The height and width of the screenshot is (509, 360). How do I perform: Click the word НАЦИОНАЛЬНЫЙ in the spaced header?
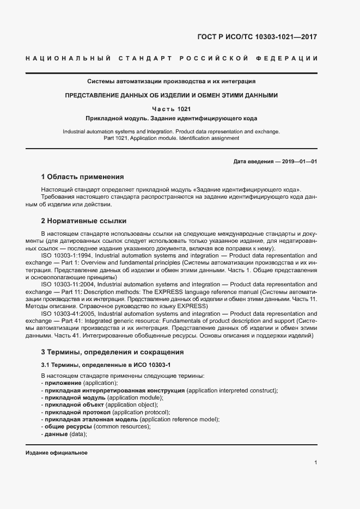pos(68,58)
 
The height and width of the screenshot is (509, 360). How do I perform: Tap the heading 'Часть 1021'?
pos(171,108)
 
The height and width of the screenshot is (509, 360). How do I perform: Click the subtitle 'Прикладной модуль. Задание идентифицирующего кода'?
pos(171,118)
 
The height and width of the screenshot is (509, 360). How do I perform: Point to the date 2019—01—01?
pos(298,161)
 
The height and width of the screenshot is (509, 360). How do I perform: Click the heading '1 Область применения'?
pos(82,177)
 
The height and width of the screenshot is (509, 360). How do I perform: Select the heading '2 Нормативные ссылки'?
pos(83,221)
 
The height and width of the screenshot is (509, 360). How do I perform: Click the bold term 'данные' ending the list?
pos(56,433)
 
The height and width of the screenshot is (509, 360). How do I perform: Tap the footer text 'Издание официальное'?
pos(57,453)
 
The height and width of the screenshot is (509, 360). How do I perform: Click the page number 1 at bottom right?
pos(316,462)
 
